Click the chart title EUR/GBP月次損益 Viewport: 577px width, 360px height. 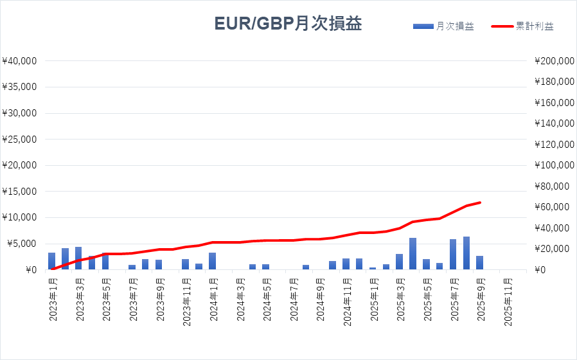pos(288,24)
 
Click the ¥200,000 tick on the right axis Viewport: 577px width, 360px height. pos(553,61)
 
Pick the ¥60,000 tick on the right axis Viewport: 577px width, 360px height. pos(553,207)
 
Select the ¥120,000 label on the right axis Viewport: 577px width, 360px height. pos(553,145)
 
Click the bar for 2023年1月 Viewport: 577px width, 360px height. pos(51,261)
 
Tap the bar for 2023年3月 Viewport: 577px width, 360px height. pos(78,258)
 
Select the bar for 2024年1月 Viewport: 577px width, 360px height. pos(212,261)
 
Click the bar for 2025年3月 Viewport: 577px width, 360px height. pos(399,262)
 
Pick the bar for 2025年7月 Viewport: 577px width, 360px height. pos(453,255)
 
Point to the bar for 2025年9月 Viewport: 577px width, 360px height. pos(479,263)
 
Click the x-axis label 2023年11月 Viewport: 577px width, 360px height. pos(185,302)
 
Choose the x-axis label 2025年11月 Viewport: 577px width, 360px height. pos(506,302)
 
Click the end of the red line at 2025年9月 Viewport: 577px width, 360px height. pos(479,203)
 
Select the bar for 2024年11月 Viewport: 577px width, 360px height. pos(346,264)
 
